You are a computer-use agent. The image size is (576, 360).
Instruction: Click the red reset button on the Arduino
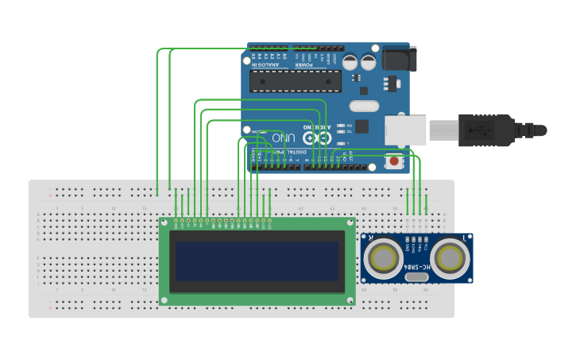pos(393,161)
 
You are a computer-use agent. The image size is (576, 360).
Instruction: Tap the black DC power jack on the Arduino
pos(398,58)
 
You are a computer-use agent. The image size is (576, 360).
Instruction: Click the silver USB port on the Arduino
pos(405,130)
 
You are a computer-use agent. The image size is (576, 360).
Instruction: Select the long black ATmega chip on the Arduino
pos(296,80)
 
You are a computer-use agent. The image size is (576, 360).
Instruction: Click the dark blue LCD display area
pos(257,261)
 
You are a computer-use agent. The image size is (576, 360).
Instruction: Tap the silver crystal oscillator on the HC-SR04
pos(417,257)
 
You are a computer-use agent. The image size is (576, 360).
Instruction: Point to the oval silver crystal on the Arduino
pos(363,106)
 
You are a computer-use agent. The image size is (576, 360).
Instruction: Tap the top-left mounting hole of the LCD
pos(165,225)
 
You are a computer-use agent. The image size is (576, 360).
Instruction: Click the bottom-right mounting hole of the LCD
pos(350,300)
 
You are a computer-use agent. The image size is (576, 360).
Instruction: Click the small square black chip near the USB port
pos(361,126)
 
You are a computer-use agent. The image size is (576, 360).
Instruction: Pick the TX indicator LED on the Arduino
pos(341,132)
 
